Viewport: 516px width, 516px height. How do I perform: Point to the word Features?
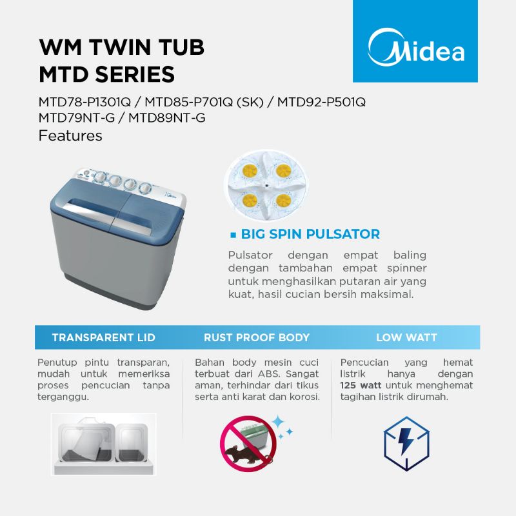click(70, 136)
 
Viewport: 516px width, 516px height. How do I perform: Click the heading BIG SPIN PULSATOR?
click(310, 234)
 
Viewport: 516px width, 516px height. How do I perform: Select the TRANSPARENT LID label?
click(103, 337)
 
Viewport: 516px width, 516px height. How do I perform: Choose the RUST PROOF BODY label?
click(257, 337)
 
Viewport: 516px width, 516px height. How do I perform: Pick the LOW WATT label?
click(406, 337)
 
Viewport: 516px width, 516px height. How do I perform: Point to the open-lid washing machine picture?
click(103, 440)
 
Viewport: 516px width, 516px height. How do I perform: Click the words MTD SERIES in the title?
click(106, 74)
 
